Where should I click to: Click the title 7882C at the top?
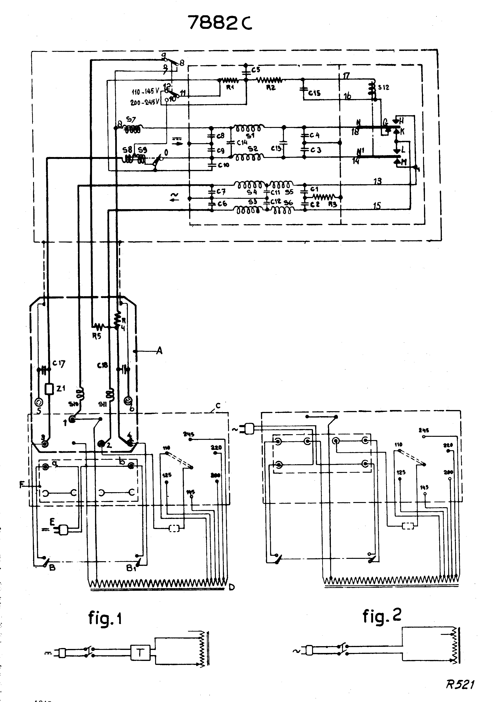point(220,23)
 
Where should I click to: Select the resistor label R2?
point(271,88)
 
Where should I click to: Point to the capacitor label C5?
point(256,70)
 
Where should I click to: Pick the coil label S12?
point(384,88)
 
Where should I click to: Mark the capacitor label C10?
point(223,165)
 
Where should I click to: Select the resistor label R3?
point(332,204)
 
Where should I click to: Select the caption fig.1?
point(105,618)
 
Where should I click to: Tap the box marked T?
point(140,653)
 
